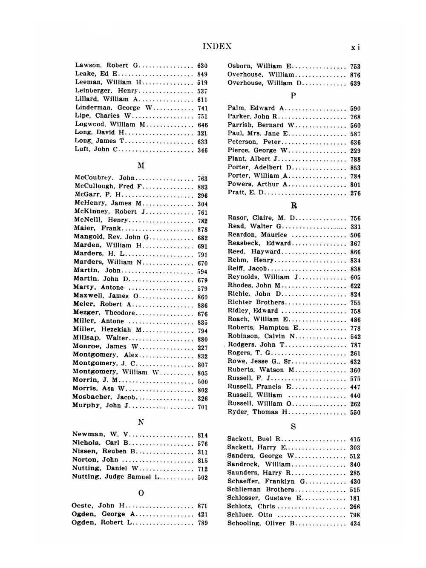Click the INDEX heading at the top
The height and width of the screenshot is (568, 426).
coord(217,46)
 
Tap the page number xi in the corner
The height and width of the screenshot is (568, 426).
coord(355,47)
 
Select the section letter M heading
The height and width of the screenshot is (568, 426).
coord(141,165)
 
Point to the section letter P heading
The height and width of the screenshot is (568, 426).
coord(294,96)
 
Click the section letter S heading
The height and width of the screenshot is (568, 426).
coord(294,427)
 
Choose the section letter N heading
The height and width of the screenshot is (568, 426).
coord(141,422)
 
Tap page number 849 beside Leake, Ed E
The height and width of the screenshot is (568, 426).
coord(202,74)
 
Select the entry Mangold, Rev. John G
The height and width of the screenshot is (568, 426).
coord(111,237)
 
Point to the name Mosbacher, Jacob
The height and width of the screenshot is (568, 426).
coord(104,397)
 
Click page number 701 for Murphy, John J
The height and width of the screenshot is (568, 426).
coord(202,407)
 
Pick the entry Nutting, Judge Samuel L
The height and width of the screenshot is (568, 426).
coord(115,477)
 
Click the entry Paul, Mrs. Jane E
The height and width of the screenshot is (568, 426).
coord(258,134)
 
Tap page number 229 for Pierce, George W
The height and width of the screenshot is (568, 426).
coord(355,151)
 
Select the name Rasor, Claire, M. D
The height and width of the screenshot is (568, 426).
coord(262,218)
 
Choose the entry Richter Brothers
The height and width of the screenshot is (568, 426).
coord(256,303)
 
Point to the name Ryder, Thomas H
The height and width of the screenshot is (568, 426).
coord(258,412)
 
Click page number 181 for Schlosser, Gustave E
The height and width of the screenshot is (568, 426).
coord(355,498)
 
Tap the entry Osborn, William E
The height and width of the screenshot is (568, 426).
coord(259,66)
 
